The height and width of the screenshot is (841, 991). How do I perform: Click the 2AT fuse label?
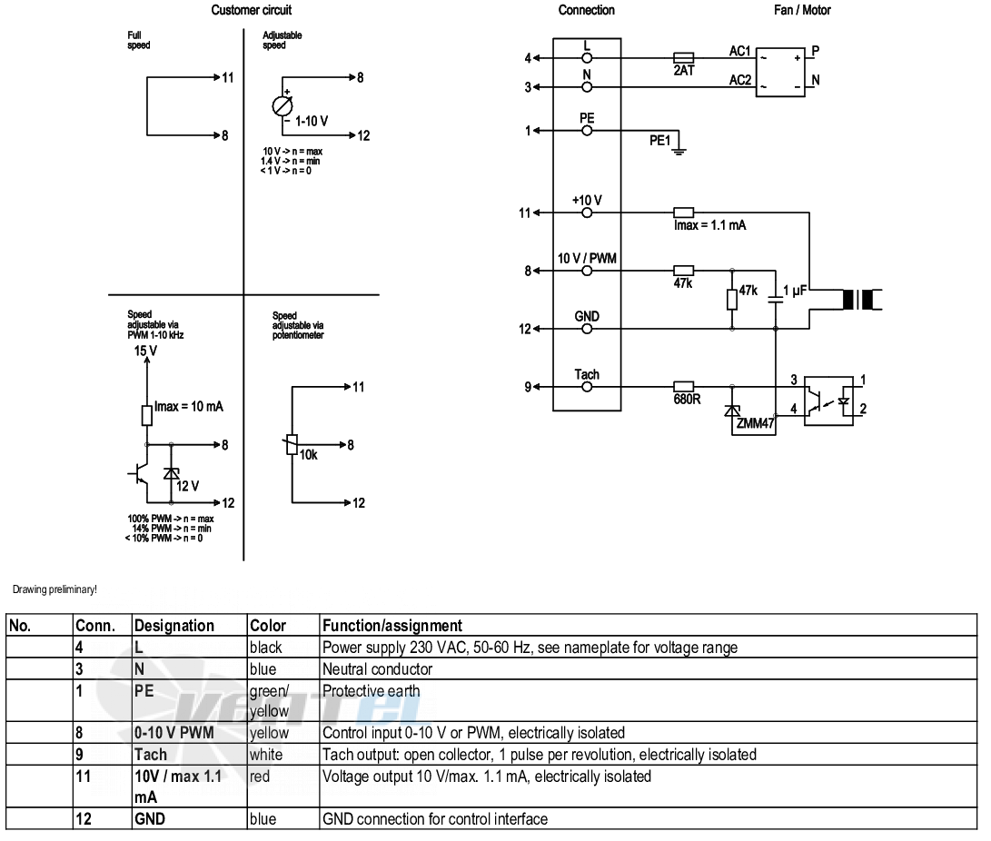684,71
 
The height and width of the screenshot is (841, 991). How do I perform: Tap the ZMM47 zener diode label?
755,423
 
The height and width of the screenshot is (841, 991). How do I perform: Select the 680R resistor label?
687,400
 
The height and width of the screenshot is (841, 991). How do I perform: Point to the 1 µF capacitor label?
795,291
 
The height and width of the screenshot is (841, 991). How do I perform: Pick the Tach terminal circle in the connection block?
587,387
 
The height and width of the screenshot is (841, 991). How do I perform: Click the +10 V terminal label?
587,201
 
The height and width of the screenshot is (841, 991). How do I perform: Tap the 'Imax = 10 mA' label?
189,407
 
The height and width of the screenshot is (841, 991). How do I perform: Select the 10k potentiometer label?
309,455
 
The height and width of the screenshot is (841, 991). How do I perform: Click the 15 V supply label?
145,351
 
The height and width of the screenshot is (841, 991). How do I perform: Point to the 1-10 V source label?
312,122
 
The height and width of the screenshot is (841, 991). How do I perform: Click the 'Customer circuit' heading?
252,10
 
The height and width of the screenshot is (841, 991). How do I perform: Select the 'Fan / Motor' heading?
803,10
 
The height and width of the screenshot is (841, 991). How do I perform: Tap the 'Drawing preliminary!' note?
55,589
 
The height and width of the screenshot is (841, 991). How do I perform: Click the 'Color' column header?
268,626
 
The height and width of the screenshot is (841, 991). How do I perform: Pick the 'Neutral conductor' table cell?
377,669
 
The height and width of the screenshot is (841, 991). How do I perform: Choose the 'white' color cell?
266,755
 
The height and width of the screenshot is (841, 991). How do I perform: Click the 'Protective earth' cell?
371,691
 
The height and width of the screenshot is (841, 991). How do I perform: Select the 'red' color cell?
260,777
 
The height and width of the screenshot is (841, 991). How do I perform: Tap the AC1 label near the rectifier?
740,51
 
